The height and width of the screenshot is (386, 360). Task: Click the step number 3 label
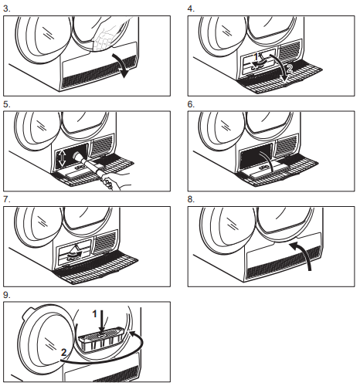[x=7, y=8]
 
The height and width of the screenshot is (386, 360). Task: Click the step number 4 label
[x=191, y=8]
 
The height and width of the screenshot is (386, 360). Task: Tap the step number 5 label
[x=7, y=104]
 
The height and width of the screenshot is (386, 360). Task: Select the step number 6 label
[x=191, y=104]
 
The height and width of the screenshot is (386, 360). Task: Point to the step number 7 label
[x=7, y=199]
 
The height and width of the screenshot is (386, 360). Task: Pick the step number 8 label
[x=191, y=199]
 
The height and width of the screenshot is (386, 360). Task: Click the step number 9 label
[x=7, y=295]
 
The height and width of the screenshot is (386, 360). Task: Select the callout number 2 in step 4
[x=290, y=69]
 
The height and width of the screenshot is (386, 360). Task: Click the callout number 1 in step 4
[x=256, y=57]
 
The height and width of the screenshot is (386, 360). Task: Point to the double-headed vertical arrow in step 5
[x=62, y=157]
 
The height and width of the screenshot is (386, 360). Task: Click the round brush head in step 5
[x=78, y=156]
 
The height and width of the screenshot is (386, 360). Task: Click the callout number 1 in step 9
[x=95, y=314]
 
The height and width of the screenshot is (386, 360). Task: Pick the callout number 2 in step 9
[x=63, y=352]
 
